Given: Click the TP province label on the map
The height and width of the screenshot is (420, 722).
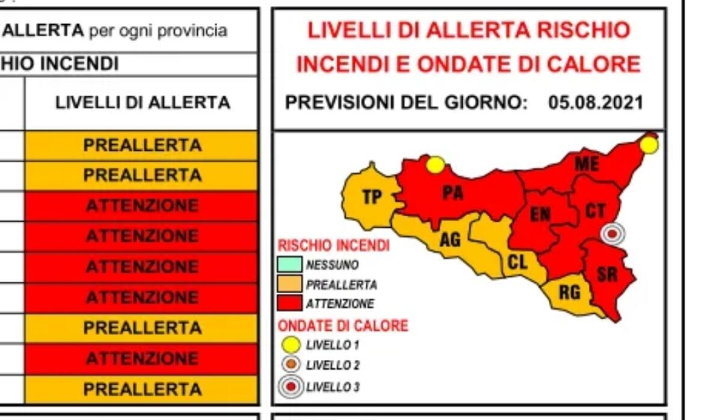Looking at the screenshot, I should (x=372, y=196).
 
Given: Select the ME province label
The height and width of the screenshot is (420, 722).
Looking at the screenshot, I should (x=586, y=164).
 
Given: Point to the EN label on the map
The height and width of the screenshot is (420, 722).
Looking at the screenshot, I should (x=540, y=215).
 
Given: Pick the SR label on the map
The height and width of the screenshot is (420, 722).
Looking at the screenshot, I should (x=606, y=275).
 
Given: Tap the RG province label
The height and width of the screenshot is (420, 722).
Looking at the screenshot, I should (x=569, y=293).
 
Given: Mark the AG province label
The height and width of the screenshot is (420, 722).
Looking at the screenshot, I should (x=450, y=240).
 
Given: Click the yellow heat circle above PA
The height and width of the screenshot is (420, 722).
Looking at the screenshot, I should (x=435, y=165).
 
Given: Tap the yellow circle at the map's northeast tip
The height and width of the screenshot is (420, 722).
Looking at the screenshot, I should (x=649, y=145).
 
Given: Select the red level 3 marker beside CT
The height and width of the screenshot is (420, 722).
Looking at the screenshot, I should (x=612, y=233).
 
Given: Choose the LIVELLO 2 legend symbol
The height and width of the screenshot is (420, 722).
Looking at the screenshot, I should (x=291, y=365).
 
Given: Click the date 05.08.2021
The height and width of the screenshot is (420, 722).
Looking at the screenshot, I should (x=595, y=103).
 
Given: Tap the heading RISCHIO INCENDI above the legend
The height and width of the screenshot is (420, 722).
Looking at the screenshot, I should (x=333, y=245).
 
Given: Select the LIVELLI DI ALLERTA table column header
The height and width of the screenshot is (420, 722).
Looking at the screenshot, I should (x=143, y=103).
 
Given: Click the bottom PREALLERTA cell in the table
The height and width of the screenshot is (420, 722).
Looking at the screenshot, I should (x=142, y=389).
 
